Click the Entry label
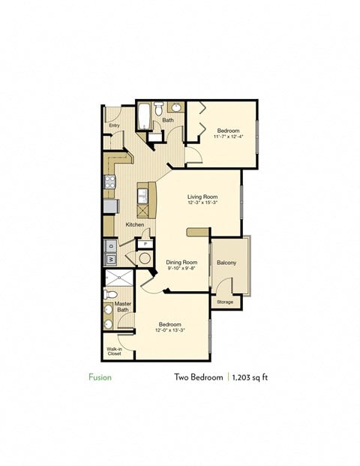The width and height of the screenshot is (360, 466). point(114,125)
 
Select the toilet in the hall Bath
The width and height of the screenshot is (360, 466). point(159,110)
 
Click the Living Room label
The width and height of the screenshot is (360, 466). point(202,197)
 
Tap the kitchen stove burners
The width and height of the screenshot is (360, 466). point(109,181)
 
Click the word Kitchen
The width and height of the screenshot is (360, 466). point(135,224)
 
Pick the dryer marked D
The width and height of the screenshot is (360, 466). point(109,245)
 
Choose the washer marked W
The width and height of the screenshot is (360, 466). point(109,260)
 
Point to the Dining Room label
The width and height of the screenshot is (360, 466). point(181,263)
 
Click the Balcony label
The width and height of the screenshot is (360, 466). point(226,263)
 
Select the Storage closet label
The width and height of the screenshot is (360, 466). point(225,302)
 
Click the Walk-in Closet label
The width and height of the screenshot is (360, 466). point(114,351)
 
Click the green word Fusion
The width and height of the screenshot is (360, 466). point(100,377)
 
